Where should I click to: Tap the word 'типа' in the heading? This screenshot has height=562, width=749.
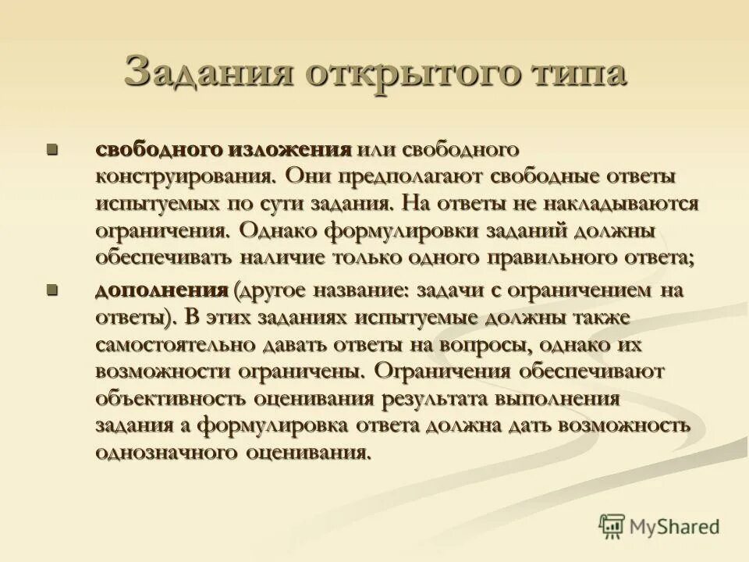click(x=578, y=73)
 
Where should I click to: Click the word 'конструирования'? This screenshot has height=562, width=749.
click(x=185, y=176)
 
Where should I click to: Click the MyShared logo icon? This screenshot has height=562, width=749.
click(x=612, y=525)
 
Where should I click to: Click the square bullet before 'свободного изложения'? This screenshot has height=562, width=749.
click(x=53, y=148)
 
